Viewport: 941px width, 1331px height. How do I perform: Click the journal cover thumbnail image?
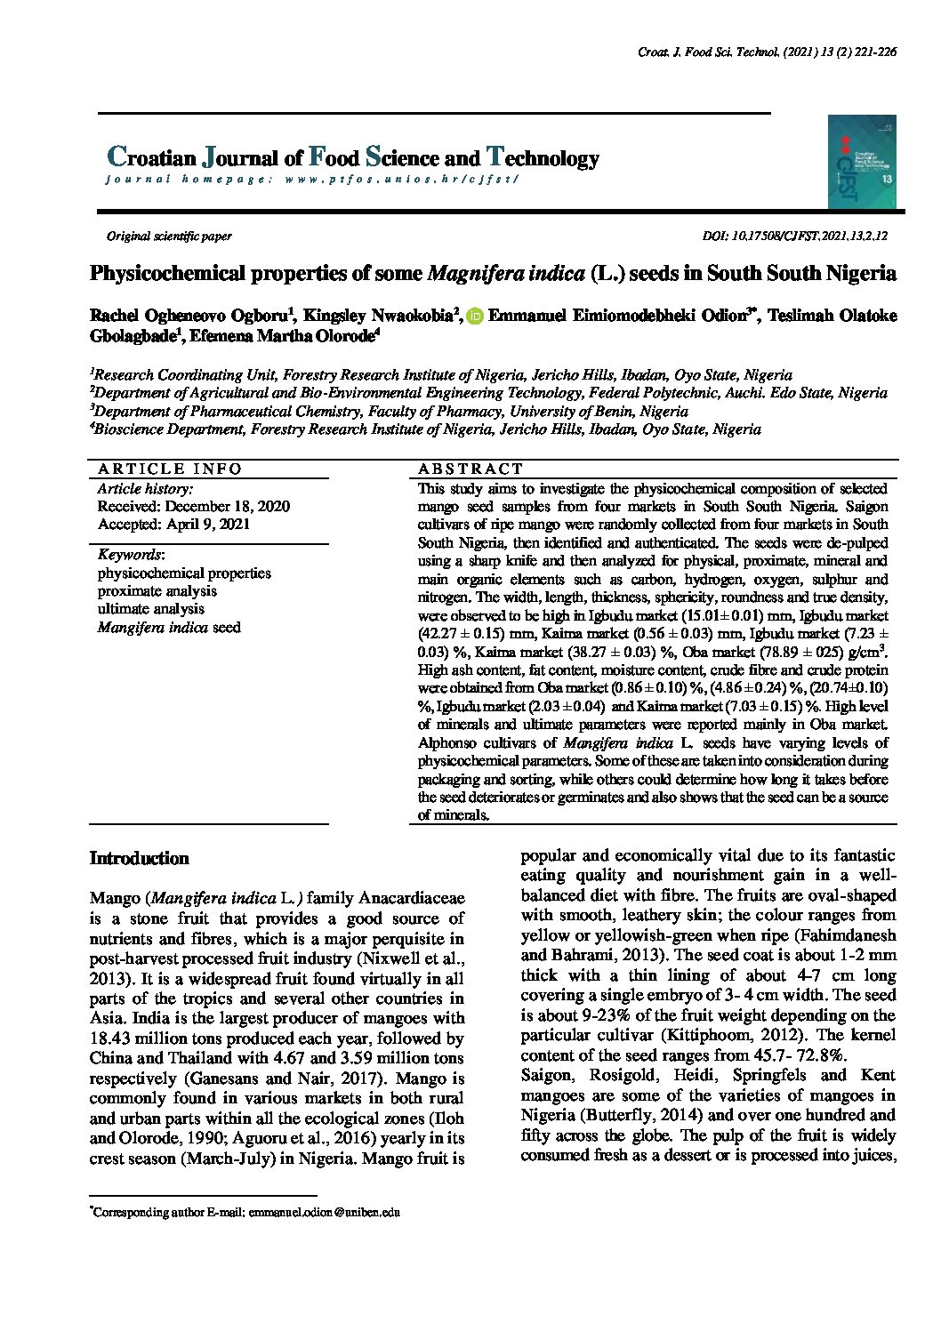tap(861, 162)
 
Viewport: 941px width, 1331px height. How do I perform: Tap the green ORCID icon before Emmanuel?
tap(474, 317)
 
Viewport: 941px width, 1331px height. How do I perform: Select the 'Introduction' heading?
tap(140, 859)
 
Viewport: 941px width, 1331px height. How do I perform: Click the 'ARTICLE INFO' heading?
tap(170, 469)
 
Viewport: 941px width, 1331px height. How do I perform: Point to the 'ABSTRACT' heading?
tap(471, 469)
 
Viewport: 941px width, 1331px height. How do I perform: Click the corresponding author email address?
tap(324, 1212)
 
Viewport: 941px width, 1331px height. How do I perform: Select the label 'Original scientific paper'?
tap(169, 237)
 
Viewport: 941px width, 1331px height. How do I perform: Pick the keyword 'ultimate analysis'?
tap(151, 609)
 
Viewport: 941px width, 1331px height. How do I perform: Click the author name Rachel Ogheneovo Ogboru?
tap(186, 317)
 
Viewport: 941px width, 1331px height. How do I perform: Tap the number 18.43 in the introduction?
tap(110, 1038)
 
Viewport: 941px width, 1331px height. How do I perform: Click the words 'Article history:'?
tap(145, 489)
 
